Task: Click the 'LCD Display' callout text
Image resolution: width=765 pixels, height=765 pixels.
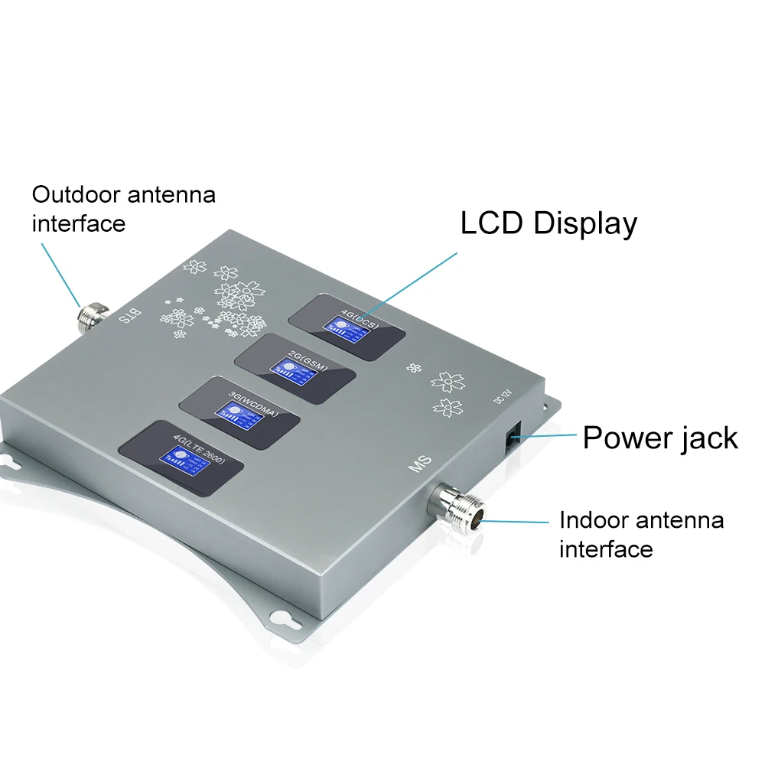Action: tap(548, 223)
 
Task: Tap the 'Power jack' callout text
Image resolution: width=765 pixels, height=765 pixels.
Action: tap(659, 438)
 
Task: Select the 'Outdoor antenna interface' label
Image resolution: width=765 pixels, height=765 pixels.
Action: tap(123, 208)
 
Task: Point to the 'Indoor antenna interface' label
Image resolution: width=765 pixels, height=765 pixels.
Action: tap(640, 534)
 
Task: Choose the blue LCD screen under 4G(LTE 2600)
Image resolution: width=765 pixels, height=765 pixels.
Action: tap(179, 460)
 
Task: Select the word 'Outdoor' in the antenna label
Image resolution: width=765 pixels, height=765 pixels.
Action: tap(73, 194)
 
